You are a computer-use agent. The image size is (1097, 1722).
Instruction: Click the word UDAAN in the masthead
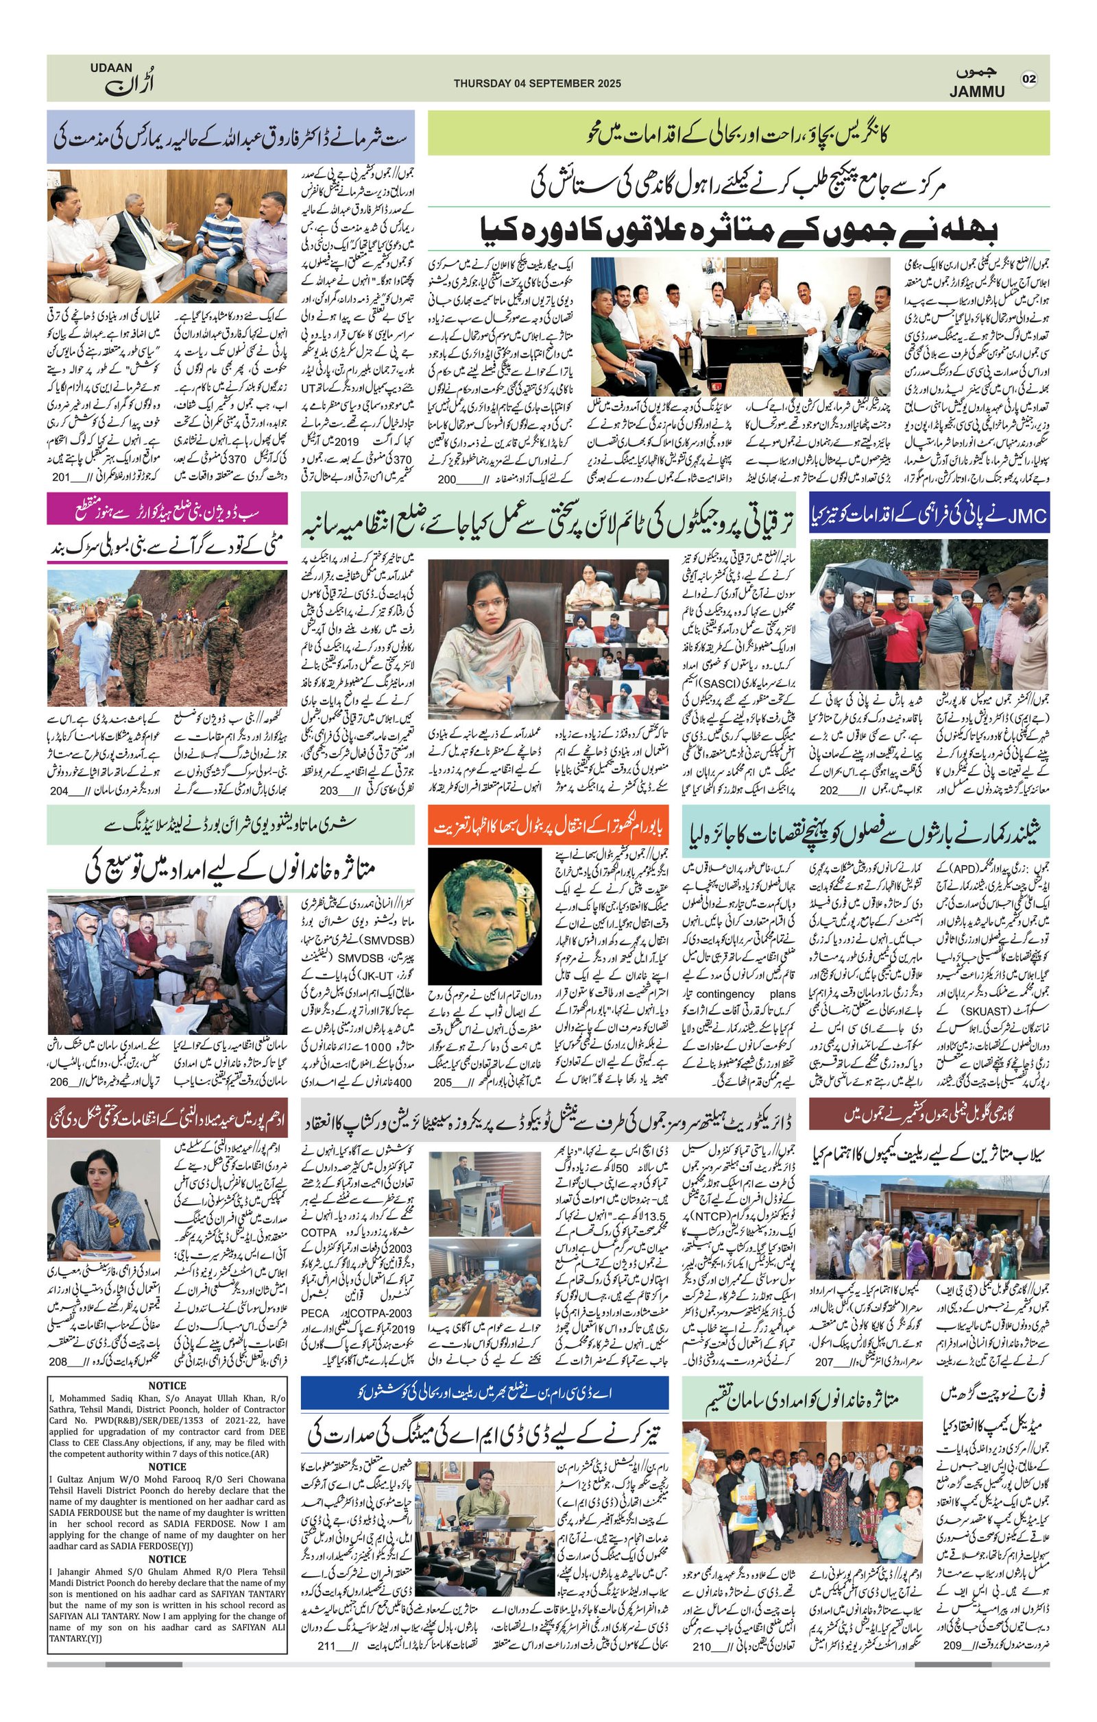111,67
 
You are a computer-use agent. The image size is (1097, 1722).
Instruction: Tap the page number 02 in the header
1028,79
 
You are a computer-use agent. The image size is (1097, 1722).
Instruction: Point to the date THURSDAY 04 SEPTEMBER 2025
533,83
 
